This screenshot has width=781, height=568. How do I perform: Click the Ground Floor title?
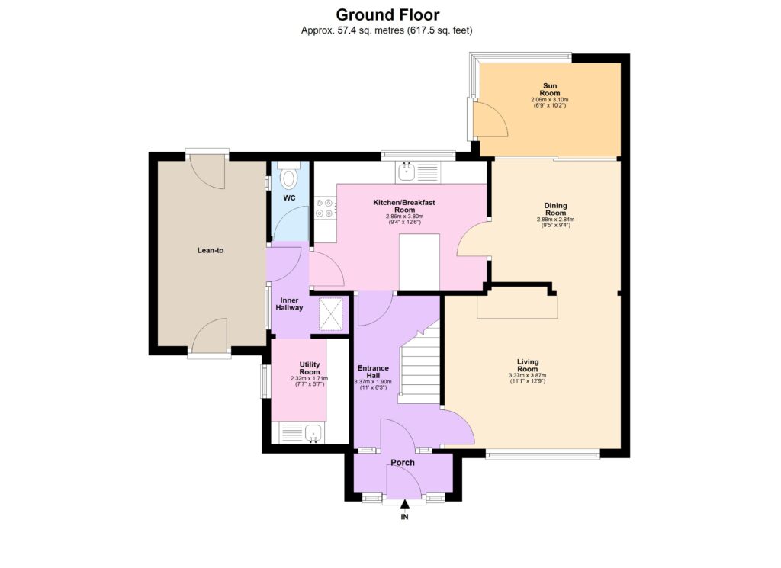coord(387,14)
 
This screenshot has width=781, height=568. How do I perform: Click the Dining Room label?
coord(554,209)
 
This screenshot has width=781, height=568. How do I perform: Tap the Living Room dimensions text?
coord(527,379)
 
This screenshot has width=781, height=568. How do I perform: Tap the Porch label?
coord(403,463)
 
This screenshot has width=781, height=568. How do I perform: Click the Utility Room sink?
coord(312,434)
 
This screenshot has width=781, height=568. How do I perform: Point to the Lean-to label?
coord(210,250)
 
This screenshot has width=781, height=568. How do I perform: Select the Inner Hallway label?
coord(290,304)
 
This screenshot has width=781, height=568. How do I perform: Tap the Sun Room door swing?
coord(488,119)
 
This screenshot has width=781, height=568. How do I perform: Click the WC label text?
coord(289,198)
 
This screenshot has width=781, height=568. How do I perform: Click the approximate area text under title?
coord(387,30)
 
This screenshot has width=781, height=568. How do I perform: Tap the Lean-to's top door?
coord(207,172)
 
